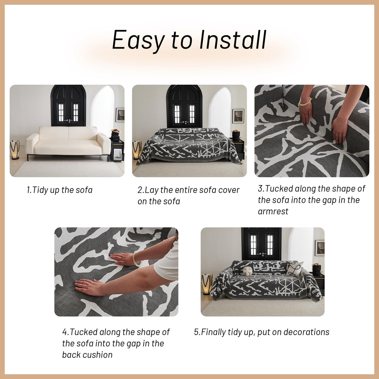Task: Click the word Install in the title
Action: [x=233, y=40]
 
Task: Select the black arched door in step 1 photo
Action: [x=68, y=105]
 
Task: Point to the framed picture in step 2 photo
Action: [x=238, y=116]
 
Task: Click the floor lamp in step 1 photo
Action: [x=14, y=150]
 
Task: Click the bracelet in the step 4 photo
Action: [x=136, y=259]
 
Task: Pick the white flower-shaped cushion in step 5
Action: [x=248, y=271]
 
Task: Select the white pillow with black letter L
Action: [x=295, y=269]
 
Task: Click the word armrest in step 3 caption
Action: [x=273, y=211]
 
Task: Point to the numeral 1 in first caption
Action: [x=28, y=190]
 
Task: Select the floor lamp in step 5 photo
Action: [x=207, y=284]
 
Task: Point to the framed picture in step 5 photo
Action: [x=319, y=248]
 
